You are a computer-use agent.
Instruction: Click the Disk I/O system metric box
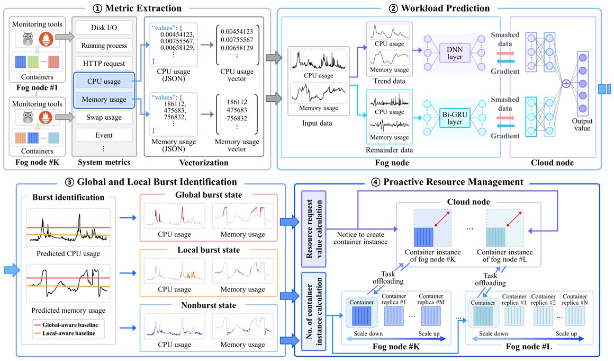click(x=104, y=27)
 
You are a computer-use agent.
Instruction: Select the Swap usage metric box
click(x=104, y=117)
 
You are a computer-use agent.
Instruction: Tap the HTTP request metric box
click(x=104, y=63)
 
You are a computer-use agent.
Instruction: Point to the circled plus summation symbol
click(x=566, y=84)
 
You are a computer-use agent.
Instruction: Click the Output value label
click(x=582, y=125)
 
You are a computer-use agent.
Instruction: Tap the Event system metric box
click(x=104, y=135)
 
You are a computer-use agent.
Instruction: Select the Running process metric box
click(x=104, y=45)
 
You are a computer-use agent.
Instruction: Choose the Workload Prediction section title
click(x=444, y=8)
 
